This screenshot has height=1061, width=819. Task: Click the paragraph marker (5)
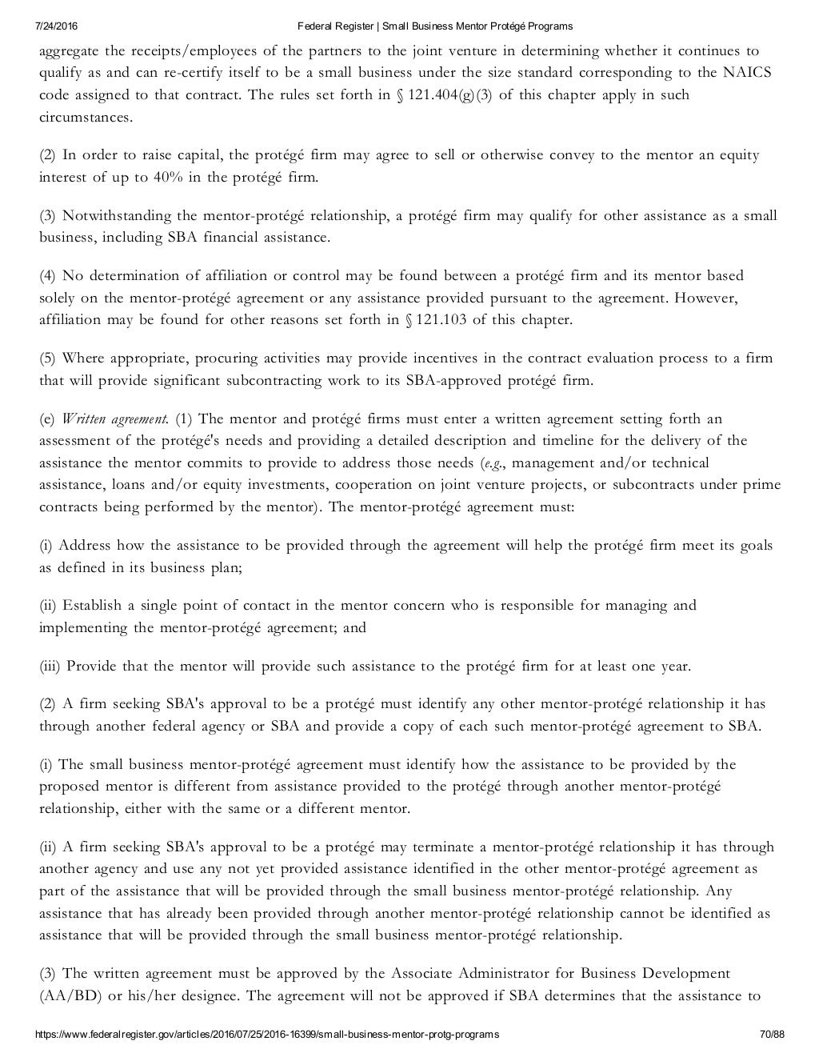(48, 358)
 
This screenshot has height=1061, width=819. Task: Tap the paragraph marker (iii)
(50, 666)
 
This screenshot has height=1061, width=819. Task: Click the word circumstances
(86, 117)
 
